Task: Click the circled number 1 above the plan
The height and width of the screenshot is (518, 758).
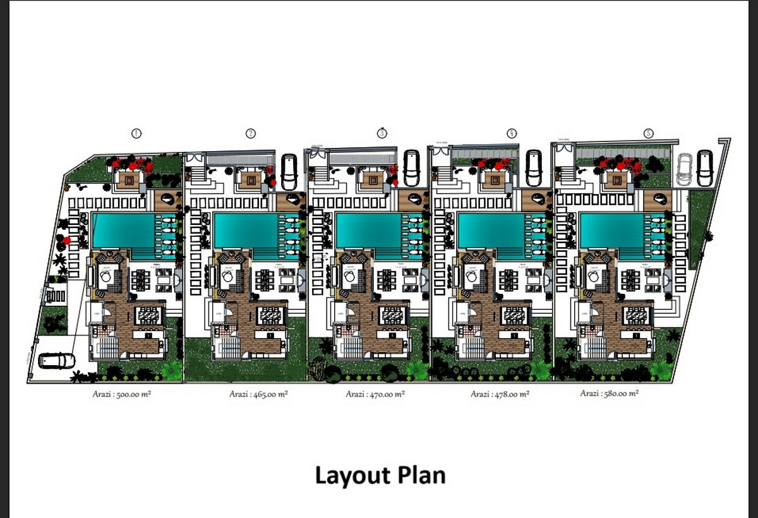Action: click(x=135, y=133)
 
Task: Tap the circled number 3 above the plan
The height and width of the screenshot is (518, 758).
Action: click(x=382, y=133)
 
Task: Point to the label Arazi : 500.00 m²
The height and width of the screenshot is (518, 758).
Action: click(x=122, y=395)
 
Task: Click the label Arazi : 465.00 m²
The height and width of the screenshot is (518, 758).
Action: click(x=258, y=395)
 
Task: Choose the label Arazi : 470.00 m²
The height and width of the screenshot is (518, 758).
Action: click(x=375, y=395)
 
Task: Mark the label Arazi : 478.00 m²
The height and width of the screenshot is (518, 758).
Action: click(x=500, y=395)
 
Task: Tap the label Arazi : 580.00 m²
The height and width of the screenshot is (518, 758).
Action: click(x=610, y=394)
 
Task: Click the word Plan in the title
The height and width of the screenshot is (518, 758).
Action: click(x=420, y=475)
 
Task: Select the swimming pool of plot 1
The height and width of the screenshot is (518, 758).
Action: click(x=123, y=231)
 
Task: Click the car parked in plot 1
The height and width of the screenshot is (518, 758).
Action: click(x=57, y=361)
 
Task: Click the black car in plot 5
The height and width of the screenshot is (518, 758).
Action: click(x=705, y=169)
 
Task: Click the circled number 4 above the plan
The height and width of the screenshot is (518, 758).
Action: click(x=512, y=133)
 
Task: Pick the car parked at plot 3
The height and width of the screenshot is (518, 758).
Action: click(x=412, y=167)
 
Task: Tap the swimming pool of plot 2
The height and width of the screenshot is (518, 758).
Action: click(x=245, y=231)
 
